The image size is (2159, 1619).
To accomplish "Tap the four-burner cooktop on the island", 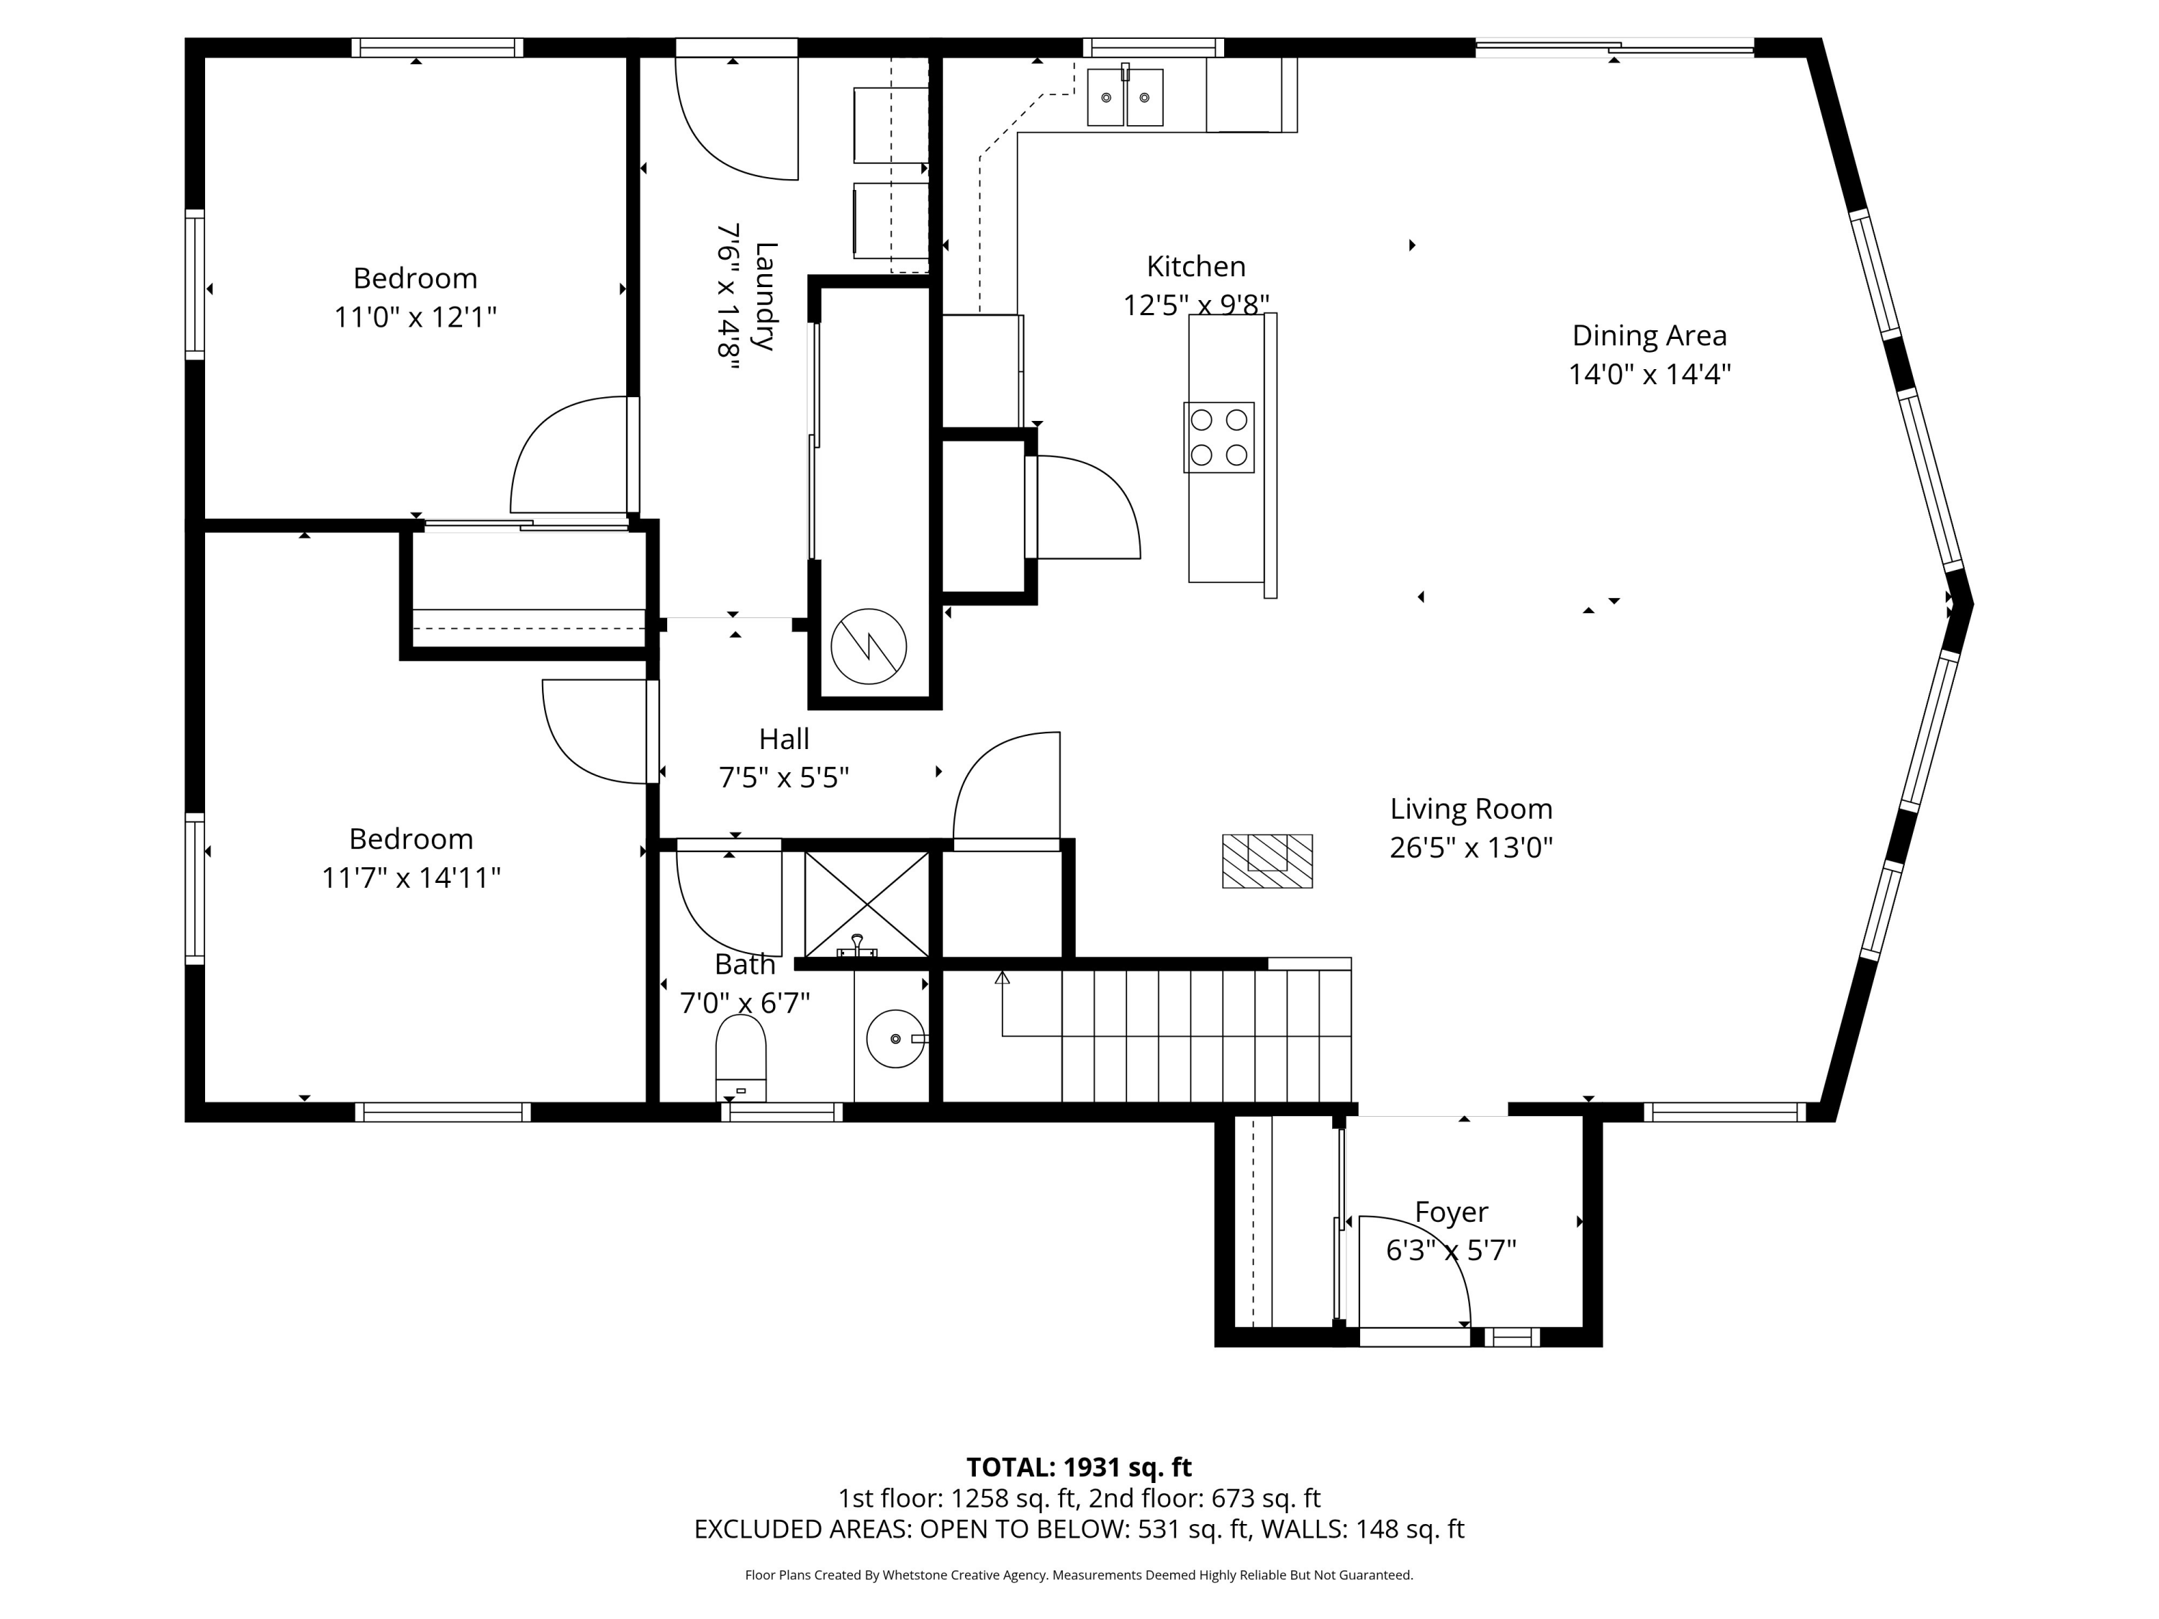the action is [x=1218, y=437].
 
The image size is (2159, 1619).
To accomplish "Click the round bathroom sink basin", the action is [x=895, y=1038].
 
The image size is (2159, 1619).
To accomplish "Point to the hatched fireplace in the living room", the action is [x=1267, y=861].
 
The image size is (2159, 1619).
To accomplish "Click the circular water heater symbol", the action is [x=869, y=646].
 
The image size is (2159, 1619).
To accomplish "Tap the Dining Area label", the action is [x=1649, y=336].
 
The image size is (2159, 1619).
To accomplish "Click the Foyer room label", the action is [x=1452, y=1212].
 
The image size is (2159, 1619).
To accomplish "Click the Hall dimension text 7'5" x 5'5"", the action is [x=784, y=778].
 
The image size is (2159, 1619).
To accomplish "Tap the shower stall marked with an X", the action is [x=866, y=904].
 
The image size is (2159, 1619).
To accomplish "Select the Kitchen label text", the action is [x=1195, y=266].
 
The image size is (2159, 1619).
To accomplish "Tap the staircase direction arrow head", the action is [x=1002, y=977].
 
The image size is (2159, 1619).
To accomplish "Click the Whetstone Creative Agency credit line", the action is [x=1079, y=1575].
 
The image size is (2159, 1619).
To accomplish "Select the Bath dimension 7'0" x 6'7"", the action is [x=745, y=1002].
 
